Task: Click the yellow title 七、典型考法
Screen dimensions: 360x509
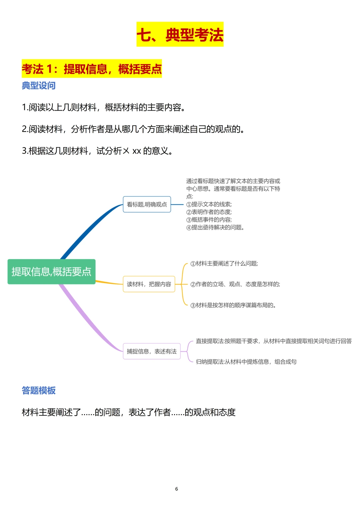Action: tap(180, 35)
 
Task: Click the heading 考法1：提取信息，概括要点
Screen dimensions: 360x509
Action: tap(92, 69)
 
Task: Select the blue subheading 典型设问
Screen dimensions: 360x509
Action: tap(39, 86)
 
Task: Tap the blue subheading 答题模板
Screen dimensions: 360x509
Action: tap(39, 390)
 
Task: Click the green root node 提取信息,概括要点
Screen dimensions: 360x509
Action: tap(51, 272)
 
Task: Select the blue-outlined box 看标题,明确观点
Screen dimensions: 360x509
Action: tap(147, 205)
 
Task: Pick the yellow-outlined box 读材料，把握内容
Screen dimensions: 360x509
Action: tap(149, 284)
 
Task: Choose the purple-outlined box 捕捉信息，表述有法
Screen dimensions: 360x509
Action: tap(152, 351)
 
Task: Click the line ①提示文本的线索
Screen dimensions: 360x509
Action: tap(209, 204)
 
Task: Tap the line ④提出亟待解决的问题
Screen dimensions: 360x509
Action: tap(215, 228)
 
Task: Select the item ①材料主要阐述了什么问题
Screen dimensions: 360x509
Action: tap(224, 263)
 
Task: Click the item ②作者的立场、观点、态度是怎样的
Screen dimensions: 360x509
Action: tap(235, 284)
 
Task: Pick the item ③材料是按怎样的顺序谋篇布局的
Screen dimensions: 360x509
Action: tap(233, 305)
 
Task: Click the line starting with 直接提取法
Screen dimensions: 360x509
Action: tap(274, 341)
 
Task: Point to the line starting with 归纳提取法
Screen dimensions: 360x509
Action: tap(246, 362)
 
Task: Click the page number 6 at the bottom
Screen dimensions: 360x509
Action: tap(177, 489)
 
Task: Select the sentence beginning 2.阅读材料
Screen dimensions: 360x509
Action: tap(133, 129)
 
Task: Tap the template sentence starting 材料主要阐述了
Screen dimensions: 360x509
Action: tap(129, 412)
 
